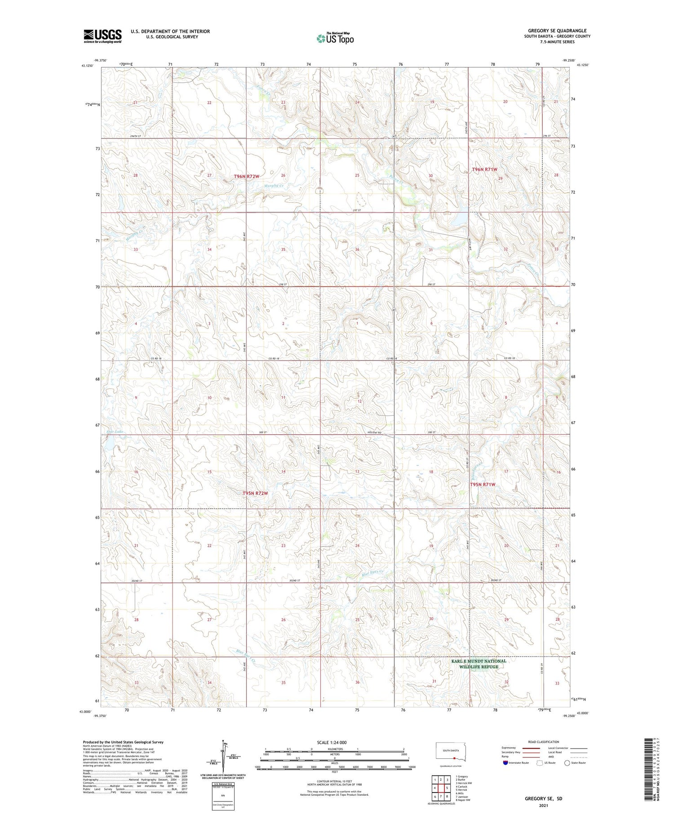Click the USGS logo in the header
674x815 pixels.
pyautogui.click(x=102, y=36)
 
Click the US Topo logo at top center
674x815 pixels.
pyautogui.click(x=335, y=39)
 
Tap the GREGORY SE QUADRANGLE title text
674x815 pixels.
pyautogui.click(x=557, y=31)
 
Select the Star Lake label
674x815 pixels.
pyautogui.click(x=115, y=432)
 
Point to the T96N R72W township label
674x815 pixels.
pyautogui.click(x=246, y=177)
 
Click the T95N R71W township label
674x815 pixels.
pyautogui.click(x=483, y=485)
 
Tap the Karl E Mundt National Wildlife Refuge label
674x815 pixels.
pyautogui.click(x=479, y=664)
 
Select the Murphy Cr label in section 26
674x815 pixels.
pyautogui.click(x=274, y=185)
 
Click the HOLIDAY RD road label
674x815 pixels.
pyautogui.click(x=373, y=432)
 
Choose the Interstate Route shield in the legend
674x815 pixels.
pyautogui.click(x=505, y=762)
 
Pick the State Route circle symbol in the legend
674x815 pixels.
pyautogui.click(x=567, y=762)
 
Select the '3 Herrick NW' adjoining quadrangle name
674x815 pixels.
pyautogui.click(x=464, y=783)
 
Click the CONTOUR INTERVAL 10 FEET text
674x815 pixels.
pyautogui.click(x=334, y=781)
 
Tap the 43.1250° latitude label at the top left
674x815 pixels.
pyautogui.click(x=88, y=66)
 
